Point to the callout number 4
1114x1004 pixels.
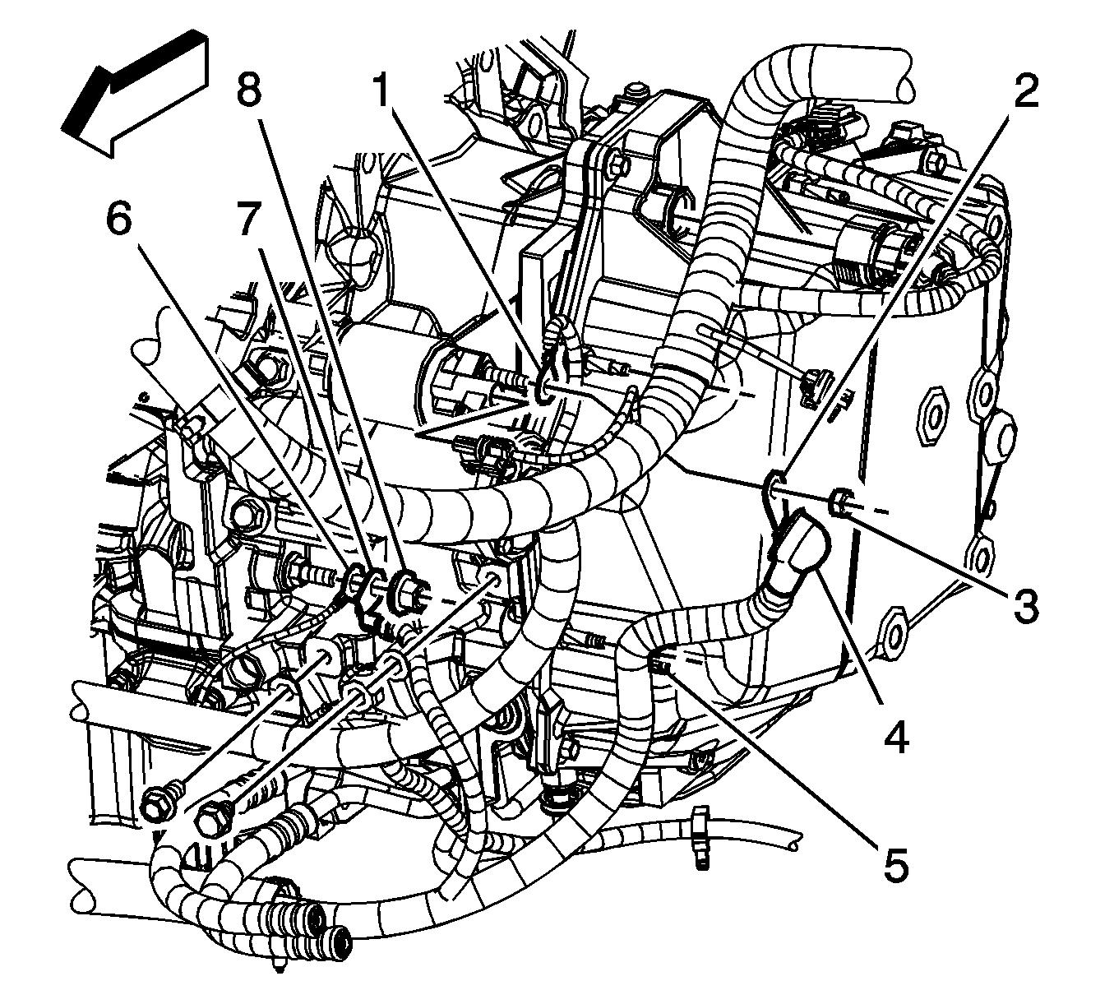[895, 737]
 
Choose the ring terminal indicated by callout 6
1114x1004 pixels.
[355, 581]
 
